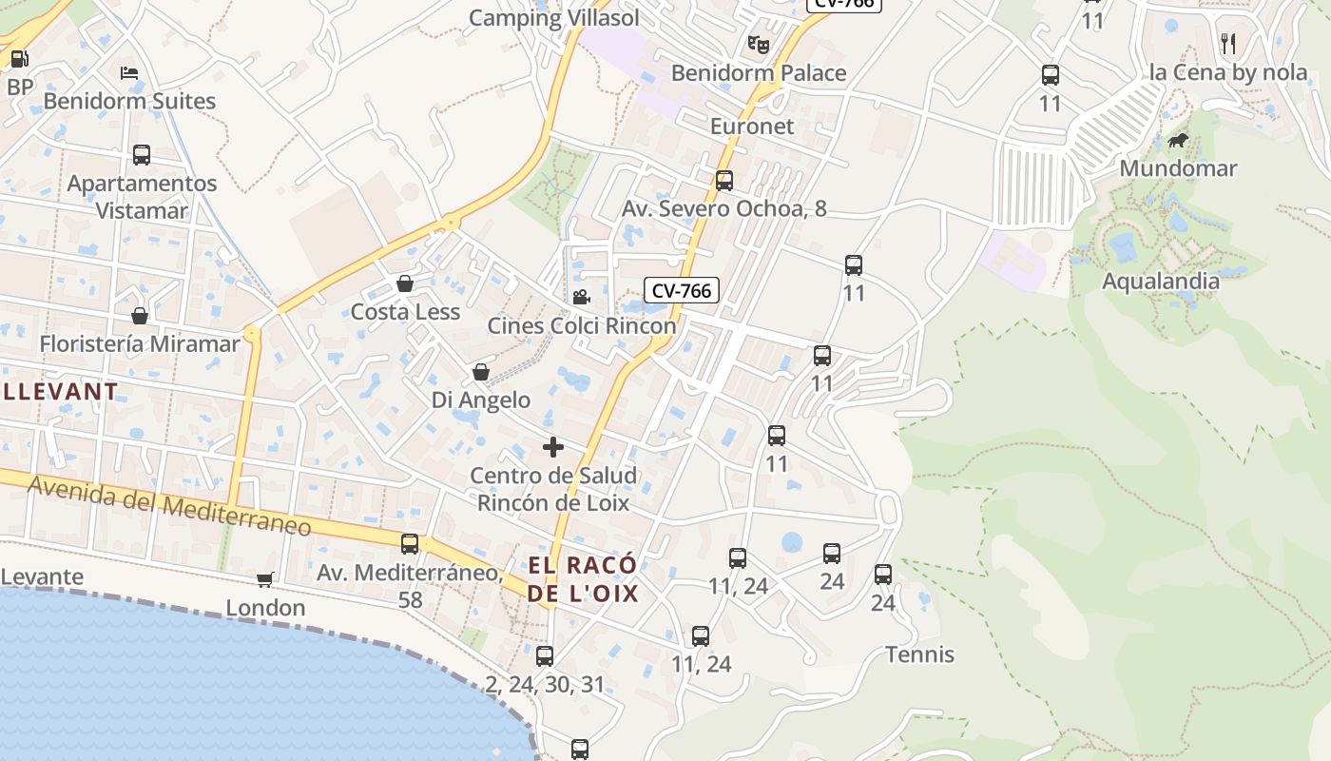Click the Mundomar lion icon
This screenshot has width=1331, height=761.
pyautogui.click(x=1178, y=142)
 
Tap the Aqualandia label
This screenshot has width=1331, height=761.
pyautogui.click(x=1160, y=281)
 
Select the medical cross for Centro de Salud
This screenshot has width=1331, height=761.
pyautogui.click(x=553, y=446)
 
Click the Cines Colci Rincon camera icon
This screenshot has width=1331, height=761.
pyautogui.click(x=581, y=297)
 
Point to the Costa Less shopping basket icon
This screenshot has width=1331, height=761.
pyautogui.click(x=405, y=283)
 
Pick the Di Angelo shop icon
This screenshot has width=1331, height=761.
pyautogui.click(x=481, y=372)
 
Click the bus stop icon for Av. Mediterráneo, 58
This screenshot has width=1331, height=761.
pyautogui.click(x=410, y=544)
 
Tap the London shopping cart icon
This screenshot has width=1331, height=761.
pyautogui.click(x=265, y=579)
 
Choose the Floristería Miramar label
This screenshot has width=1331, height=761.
pyautogui.click(x=140, y=343)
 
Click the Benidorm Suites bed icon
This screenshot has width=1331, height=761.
pyautogui.click(x=129, y=72)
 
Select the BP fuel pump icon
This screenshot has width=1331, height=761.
pyautogui.click(x=19, y=59)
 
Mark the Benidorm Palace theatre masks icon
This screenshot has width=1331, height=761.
pyautogui.click(x=758, y=44)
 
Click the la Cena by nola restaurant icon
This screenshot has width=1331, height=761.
pyautogui.click(x=1227, y=43)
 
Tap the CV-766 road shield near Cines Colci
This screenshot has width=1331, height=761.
pyautogui.click(x=681, y=290)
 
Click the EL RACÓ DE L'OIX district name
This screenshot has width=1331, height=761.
pyautogui.click(x=583, y=579)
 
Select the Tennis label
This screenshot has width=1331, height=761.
pyautogui.click(x=919, y=654)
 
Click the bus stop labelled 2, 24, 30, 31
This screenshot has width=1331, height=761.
pyautogui.click(x=545, y=655)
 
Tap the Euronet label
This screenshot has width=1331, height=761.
pyautogui.click(x=751, y=127)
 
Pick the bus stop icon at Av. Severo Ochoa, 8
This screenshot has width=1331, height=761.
pyautogui.click(x=724, y=180)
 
